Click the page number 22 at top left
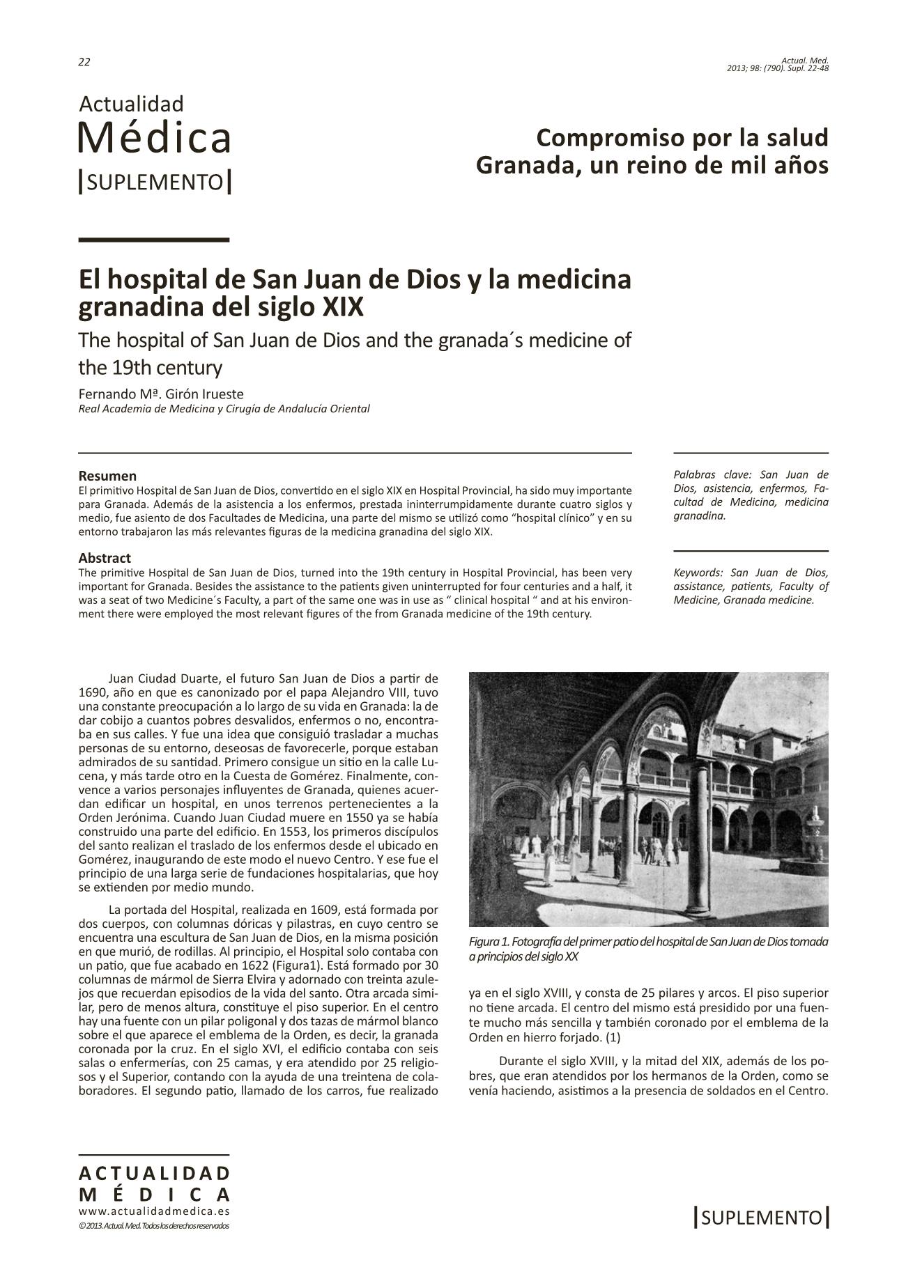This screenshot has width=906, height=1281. [84, 62]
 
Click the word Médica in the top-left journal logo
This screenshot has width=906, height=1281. [154, 138]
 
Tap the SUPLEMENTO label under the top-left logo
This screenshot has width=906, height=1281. [155, 183]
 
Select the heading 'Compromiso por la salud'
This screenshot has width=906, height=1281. [682, 137]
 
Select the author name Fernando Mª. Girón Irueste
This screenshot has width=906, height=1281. [161, 394]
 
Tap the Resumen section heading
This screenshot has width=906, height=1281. [107, 476]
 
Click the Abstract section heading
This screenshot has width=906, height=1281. [105, 558]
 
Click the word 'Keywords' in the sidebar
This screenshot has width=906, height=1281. [698, 573]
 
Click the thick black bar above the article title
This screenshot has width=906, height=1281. [154, 240]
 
